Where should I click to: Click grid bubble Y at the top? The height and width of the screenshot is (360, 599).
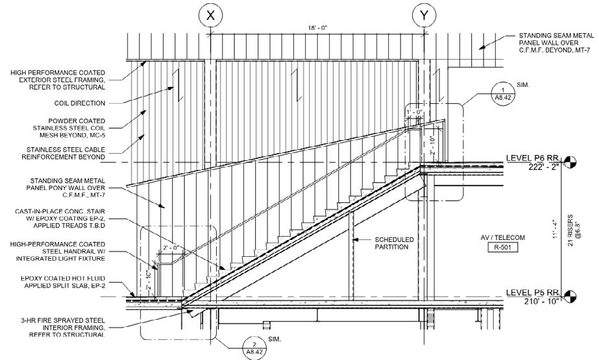click(424, 16)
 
